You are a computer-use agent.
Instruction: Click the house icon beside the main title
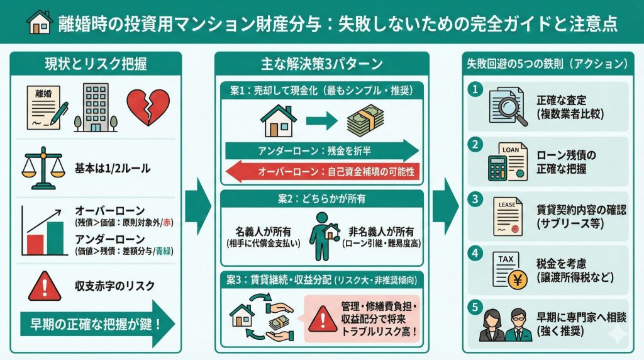pos(38,23)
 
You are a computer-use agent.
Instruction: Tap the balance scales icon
pos(43,168)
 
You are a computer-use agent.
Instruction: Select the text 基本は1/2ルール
pos(113,169)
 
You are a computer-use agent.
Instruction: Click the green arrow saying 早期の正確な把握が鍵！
pos(94,325)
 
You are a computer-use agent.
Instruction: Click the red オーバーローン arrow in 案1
pos(322,171)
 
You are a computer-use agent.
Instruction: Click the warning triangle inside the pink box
pos(321,314)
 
